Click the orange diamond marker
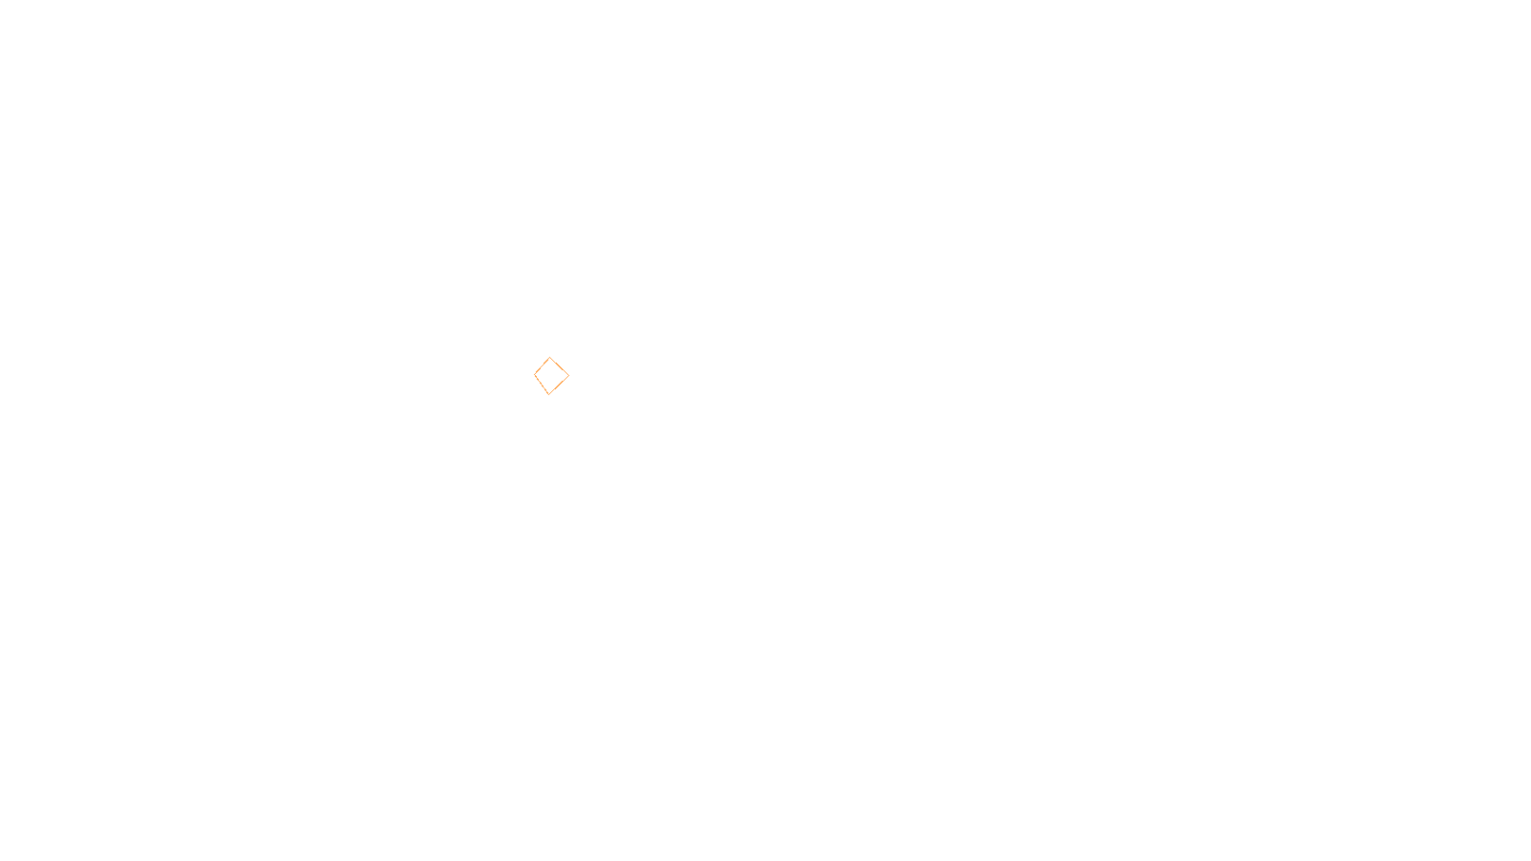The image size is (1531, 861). tap(551, 376)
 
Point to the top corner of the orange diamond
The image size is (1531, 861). tap(550, 358)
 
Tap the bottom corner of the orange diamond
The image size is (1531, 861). tap(549, 394)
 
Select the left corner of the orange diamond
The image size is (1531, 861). tap(535, 375)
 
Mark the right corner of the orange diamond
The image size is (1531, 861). tap(568, 376)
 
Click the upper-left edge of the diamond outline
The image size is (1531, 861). tap(543, 366)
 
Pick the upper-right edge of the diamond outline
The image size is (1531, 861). tap(560, 366)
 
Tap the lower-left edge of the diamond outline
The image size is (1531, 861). tap(542, 385)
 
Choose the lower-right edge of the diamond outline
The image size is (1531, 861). tap(559, 386)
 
